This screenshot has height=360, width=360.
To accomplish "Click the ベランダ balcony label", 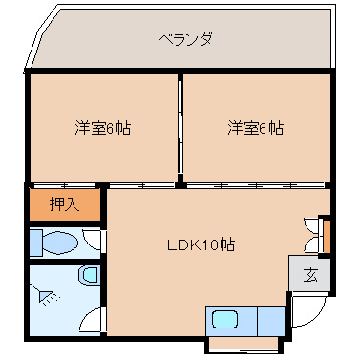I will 185,39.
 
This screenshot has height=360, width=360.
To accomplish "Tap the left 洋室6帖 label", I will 103,127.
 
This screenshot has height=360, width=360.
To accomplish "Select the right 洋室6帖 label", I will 255,127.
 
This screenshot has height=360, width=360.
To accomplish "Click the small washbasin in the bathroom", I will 89,277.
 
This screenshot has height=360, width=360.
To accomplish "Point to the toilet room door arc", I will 92,240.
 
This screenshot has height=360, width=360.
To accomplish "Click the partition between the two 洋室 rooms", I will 180,127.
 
